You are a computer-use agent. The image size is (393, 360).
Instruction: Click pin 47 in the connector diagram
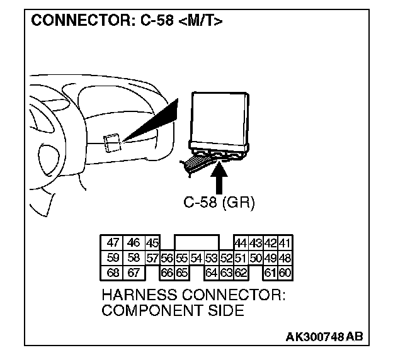pyautogui.click(x=113, y=243)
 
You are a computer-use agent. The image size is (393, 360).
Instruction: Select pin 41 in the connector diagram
pyautogui.click(x=285, y=243)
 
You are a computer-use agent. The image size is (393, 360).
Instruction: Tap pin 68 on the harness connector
pyautogui.click(x=113, y=273)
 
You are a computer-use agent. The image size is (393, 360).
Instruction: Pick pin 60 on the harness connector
pyautogui.click(x=285, y=273)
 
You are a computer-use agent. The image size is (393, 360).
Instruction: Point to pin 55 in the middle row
pyautogui.click(x=182, y=258)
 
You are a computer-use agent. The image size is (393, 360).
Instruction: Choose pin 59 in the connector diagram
pyautogui.click(x=113, y=258)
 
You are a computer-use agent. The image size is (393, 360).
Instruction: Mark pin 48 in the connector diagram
pyautogui.click(x=285, y=258)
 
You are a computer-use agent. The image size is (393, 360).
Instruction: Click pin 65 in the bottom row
pyautogui.click(x=182, y=273)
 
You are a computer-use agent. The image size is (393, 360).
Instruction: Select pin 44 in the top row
pyautogui.click(x=240, y=243)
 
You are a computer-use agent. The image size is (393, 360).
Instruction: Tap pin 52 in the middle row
pyautogui.click(x=227, y=258)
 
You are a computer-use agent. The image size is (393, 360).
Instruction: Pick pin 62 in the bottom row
pyautogui.click(x=240, y=273)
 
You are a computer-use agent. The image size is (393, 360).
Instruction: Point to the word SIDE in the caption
pyautogui.click(x=225, y=310)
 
